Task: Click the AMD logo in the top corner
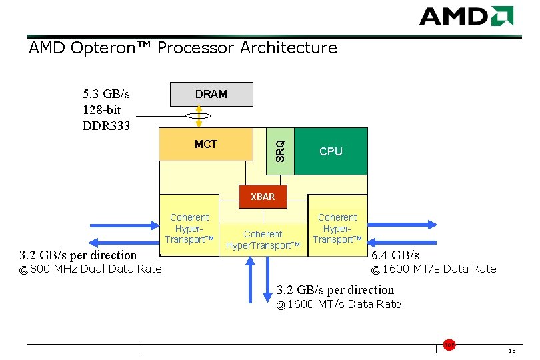466,16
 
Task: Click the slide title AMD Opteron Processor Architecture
183,48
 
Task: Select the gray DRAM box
211,94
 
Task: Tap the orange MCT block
206,144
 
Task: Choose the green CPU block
331,151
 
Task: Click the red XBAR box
263,197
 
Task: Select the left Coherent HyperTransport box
189,228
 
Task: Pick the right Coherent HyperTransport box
337,228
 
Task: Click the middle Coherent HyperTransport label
263,239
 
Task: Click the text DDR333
106,126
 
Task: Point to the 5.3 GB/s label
106,93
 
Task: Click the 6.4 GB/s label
395,255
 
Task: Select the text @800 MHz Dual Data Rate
90,269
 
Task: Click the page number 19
511,351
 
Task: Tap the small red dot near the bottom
450,344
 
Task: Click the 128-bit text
102,109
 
